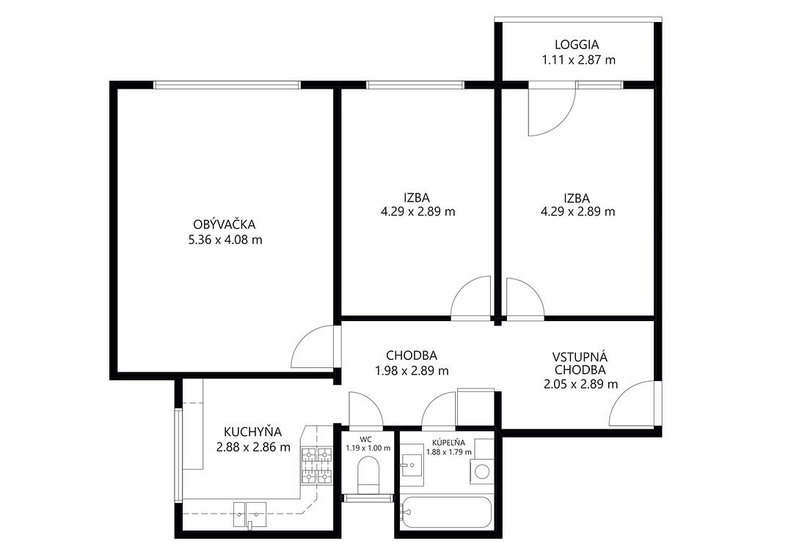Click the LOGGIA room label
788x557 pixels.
coord(577,45)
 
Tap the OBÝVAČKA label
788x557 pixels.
coord(225,224)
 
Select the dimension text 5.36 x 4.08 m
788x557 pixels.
coord(225,240)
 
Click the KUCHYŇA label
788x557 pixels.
coord(253,432)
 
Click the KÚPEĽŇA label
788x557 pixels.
coord(449,443)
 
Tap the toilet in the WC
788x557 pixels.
coord(368,476)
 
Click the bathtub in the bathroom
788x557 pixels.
coord(446,512)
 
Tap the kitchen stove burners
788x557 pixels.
coord(317,465)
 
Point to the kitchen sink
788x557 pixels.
coord(249,514)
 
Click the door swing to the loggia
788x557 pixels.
coord(552,110)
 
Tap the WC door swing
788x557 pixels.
coord(365,409)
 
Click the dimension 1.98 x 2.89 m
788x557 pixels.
coord(412,372)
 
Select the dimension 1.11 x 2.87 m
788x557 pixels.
coord(578,60)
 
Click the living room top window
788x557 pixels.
coord(227,85)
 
